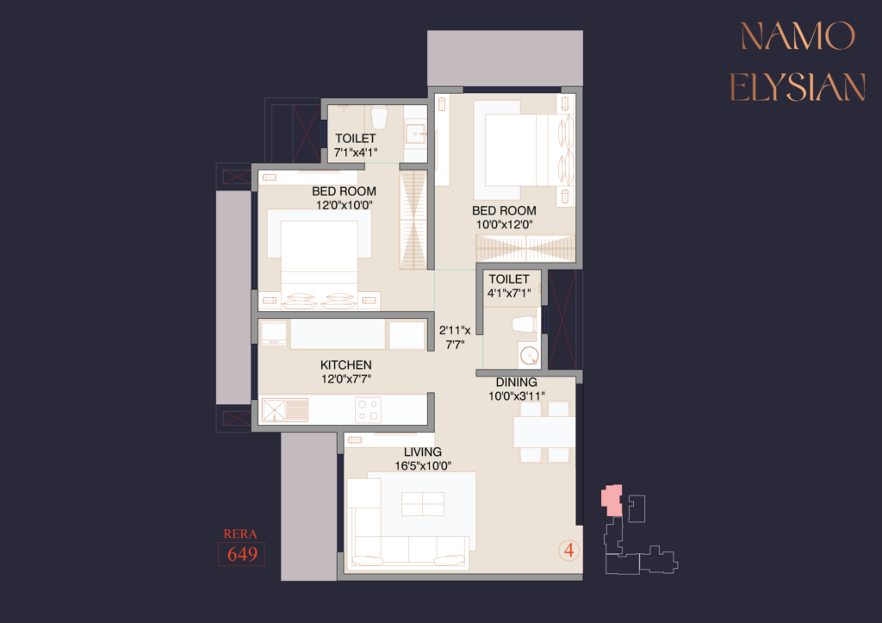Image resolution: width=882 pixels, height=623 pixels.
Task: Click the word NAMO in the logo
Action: click(798, 36)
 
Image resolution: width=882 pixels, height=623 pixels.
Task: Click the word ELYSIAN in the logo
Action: click(798, 87)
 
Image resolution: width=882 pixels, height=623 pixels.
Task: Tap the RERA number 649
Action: click(242, 554)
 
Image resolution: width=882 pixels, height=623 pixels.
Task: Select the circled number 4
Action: click(569, 550)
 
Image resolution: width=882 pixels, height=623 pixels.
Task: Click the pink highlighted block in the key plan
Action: click(612, 500)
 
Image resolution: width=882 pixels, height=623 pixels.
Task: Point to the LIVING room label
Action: click(422, 452)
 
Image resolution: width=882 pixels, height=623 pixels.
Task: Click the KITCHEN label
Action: click(346, 364)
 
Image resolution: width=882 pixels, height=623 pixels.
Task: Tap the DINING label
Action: click(517, 382)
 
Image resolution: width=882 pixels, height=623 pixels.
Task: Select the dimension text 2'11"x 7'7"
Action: click(455, 337)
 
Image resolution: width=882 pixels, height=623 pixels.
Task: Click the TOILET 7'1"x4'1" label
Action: click(356, 146)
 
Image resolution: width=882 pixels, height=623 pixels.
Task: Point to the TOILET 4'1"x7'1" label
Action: click(509, 286)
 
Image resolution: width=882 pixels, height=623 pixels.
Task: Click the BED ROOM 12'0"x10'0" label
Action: click(345, 198)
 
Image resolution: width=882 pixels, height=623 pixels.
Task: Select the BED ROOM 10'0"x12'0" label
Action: click(504, 217)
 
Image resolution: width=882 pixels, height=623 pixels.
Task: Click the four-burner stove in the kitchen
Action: click(369, 409)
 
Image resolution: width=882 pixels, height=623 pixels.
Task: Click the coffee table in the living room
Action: click(423, 504)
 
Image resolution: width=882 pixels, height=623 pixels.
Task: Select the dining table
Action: click(544, 432)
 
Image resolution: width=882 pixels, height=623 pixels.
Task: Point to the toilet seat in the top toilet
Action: click(380, 118)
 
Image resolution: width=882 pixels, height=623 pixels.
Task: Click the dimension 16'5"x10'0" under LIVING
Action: click(423, 466)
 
